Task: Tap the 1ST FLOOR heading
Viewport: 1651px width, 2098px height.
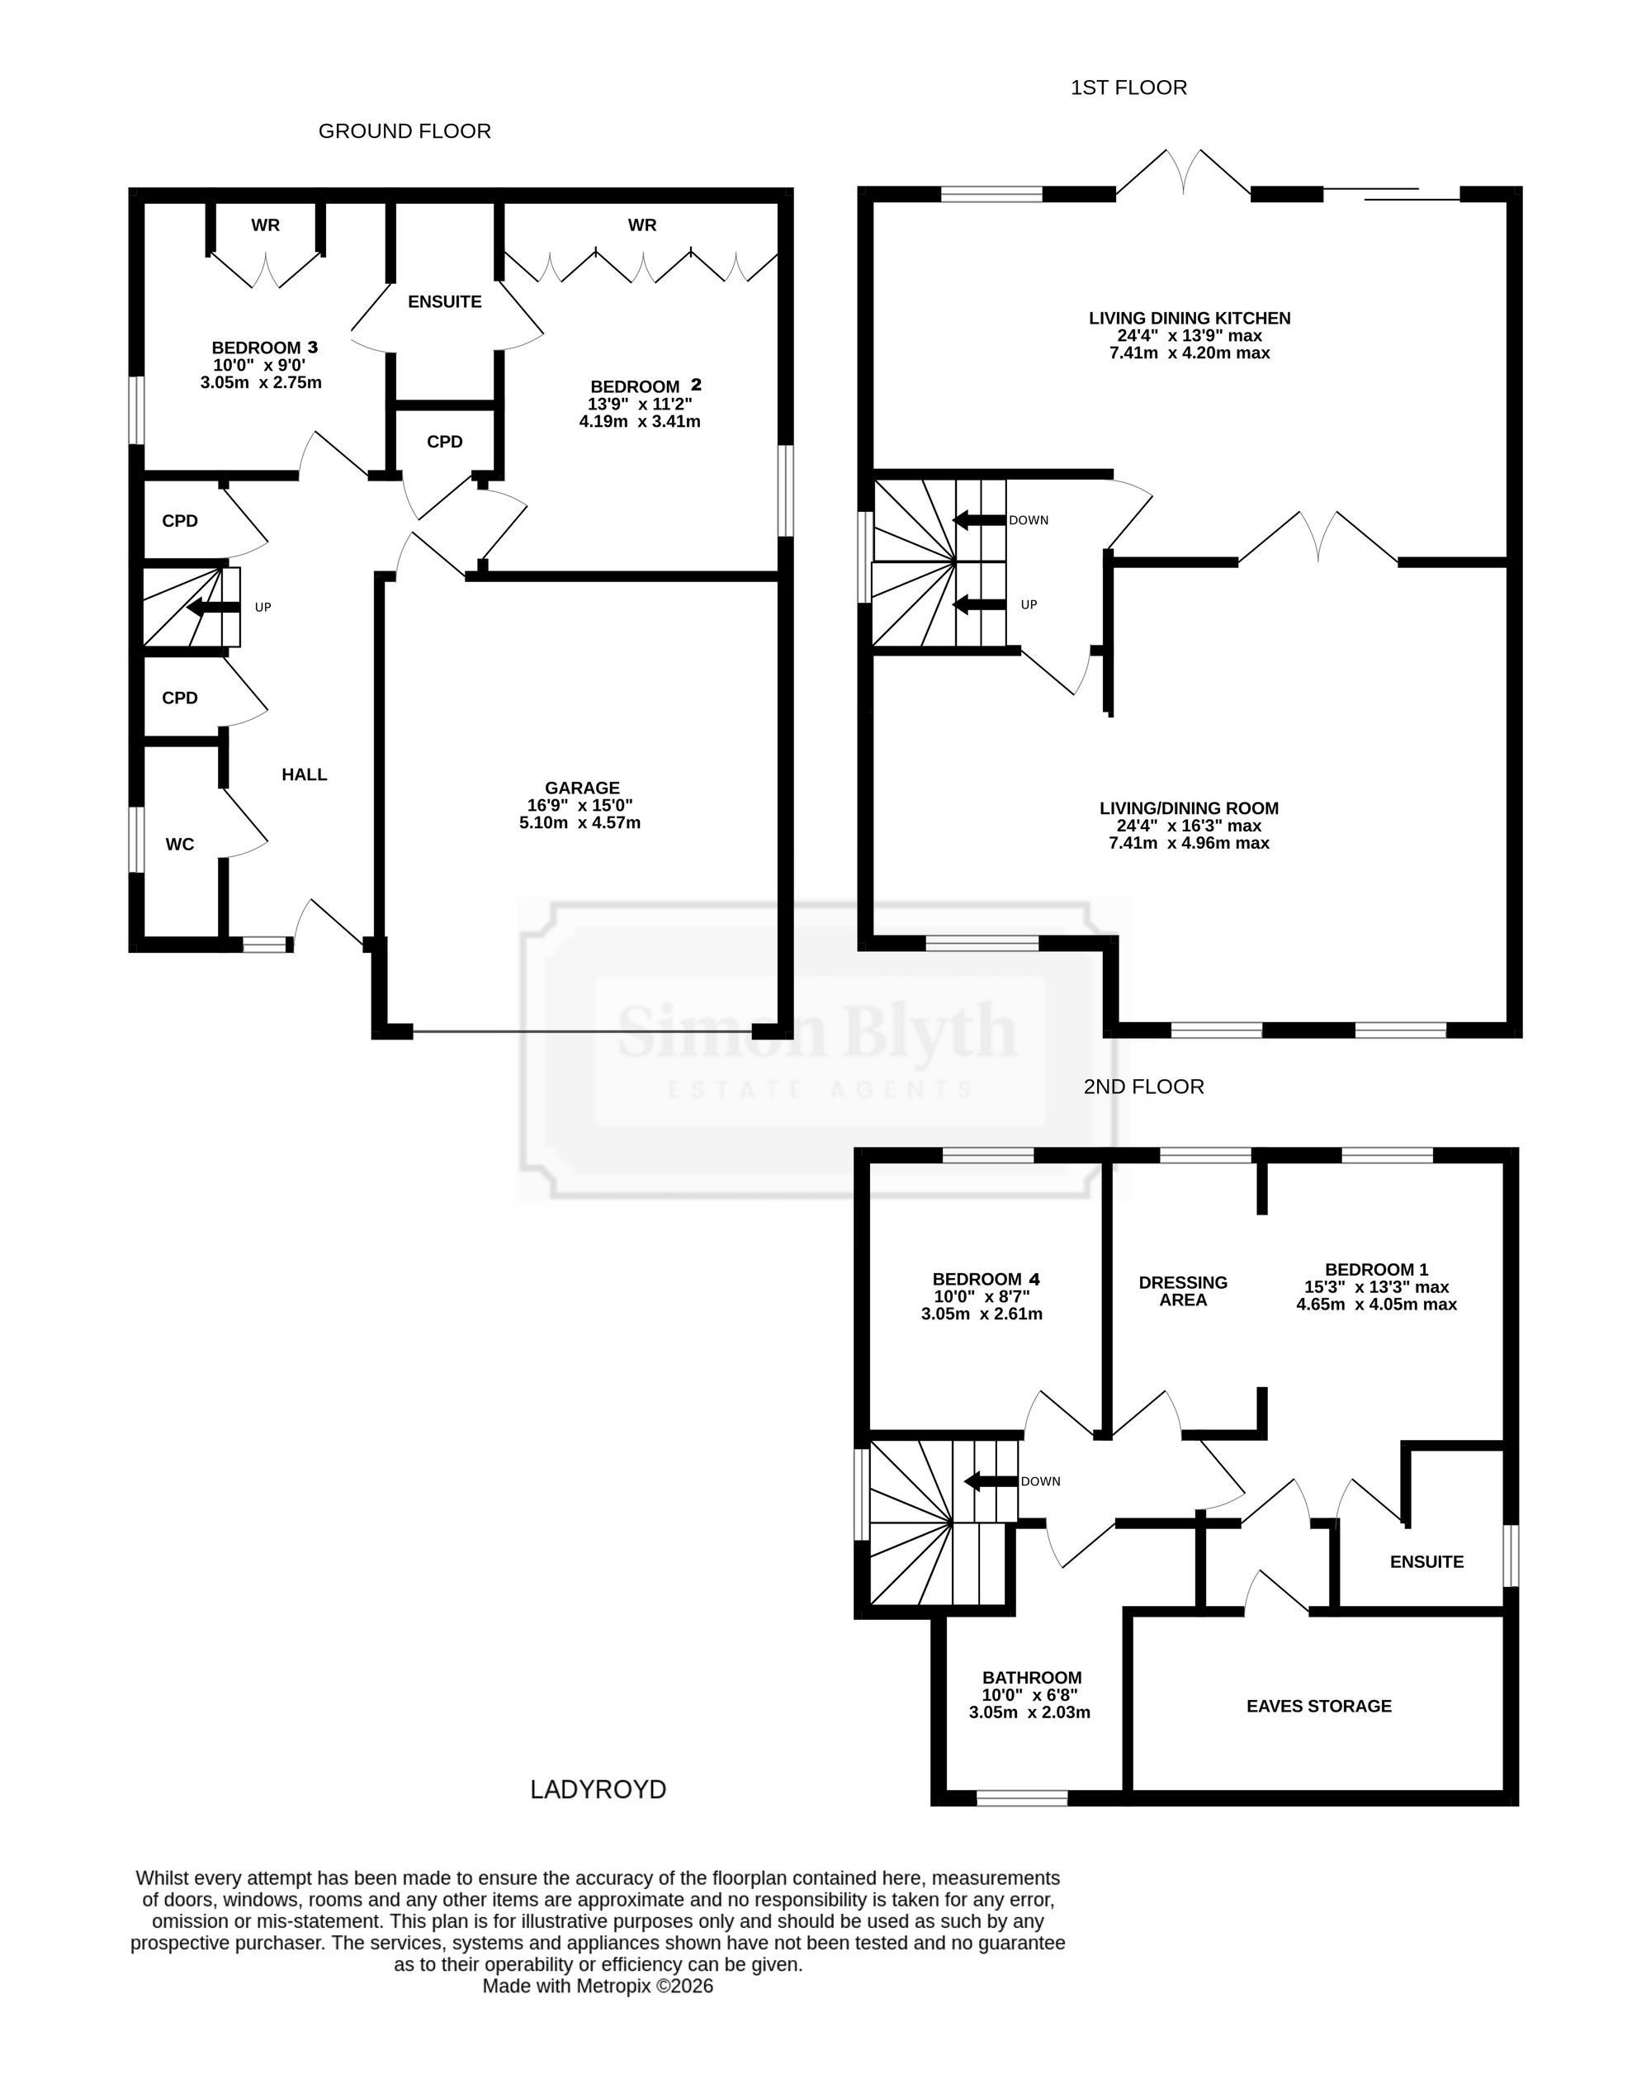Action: [x=1128, y=88]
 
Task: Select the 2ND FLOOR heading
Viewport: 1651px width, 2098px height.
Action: [x=1143, y=1087]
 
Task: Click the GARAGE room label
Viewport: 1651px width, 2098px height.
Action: [x=582, y=788]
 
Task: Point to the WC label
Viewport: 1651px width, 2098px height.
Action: [x=180, y=845]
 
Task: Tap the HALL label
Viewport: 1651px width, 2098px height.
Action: [x=305, y=774]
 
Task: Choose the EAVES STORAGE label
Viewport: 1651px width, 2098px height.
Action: [x=1318, y=1707]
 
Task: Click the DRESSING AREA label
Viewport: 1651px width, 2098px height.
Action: [x=1183, y=1291]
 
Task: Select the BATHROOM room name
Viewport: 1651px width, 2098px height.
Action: [x=1031, y=1679]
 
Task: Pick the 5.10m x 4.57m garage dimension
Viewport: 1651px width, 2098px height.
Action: [x=580, y=822]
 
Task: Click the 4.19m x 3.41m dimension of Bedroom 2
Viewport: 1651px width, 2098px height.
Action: [x=640, y=422]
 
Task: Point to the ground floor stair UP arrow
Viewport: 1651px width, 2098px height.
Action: [x=214, y=607]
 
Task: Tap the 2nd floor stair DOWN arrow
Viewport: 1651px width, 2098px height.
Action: [x=991, y=1481]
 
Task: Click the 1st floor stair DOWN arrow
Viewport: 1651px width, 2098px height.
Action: [x=980, y=520]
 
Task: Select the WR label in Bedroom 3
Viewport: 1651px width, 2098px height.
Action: [x=266, y=225]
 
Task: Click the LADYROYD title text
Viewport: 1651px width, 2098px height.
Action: [x=598, y=1789]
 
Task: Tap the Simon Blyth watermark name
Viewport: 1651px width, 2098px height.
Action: [x=818, y=1030]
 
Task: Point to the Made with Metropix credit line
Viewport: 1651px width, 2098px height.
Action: [x=598, y=1986]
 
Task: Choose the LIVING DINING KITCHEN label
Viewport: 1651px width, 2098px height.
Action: [x=1190, y=318]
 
